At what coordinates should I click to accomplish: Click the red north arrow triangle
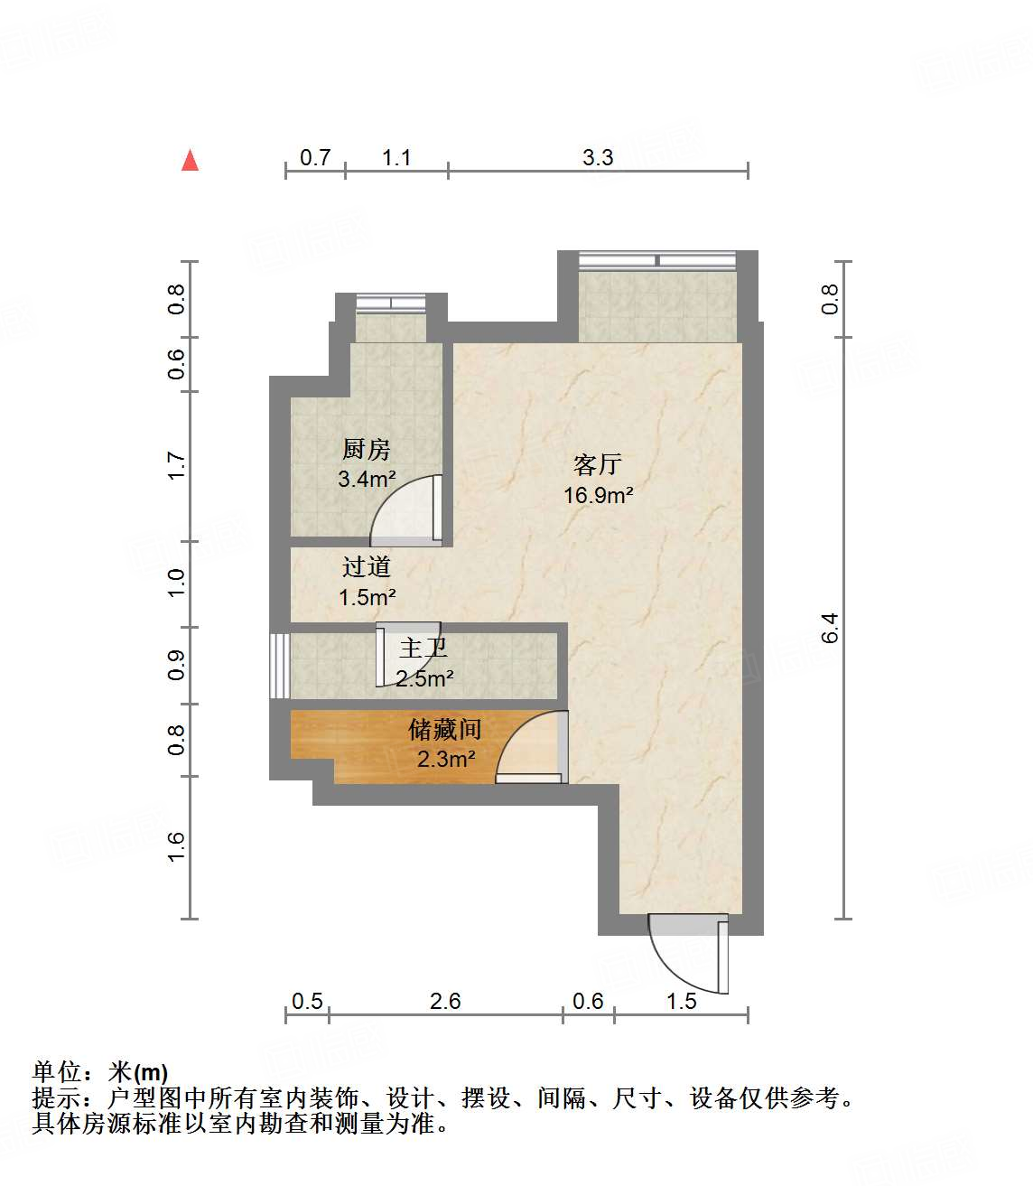pyautogui.click(x=190, y=161)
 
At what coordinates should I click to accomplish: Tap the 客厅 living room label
pyautogui.click(x=598, y=464)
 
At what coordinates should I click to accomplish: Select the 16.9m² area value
pyautogui.click(x=598, y=495)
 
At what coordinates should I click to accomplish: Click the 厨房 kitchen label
pyautogui.click(x=366, y=449)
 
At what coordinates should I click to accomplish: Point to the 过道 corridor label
pyautogui.click(x=366, y=567)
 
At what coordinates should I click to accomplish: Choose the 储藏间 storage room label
pyautogui.click(x=444, y=729)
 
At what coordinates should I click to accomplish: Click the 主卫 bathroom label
pyautogui.click(x=423, y=648)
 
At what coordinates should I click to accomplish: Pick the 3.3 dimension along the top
pyautogui.click(x=598, y=158)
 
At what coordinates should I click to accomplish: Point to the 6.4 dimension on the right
pyautogui.click(x=830, y=628)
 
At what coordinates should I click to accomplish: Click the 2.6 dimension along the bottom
pyautogui.click(x=445, y=1001)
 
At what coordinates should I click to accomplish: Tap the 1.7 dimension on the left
pyautogui.click(x=176, y=466)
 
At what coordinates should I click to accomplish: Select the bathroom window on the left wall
pyautogui.click(x=279, y=665)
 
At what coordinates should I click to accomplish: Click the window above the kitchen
pyautogui.click(x=391, y=303)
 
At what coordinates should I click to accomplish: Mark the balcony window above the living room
pyautogui.click(x=657, y=261)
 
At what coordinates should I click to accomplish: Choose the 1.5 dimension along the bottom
pyautogui.click(x=682, y=1001)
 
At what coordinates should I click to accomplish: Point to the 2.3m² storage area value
pyautogui.click(x=446, y=759)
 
